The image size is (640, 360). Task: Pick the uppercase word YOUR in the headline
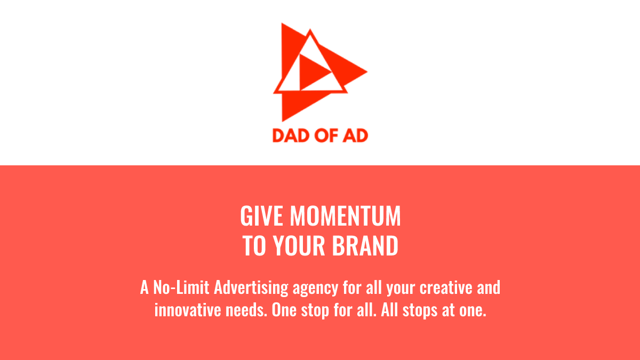299,246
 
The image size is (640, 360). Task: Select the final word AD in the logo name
355,135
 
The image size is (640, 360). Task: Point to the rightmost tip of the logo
366,71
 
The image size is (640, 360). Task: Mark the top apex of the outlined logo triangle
309,31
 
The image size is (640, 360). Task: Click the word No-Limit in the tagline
181,288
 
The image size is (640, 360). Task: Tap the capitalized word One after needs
285,310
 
